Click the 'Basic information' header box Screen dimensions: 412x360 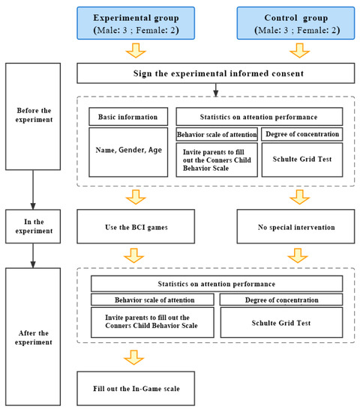tap(127, 117)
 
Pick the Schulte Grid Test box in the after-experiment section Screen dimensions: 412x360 tap(281, 323)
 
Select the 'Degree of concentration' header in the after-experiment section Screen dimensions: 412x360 tap(281, 300)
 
